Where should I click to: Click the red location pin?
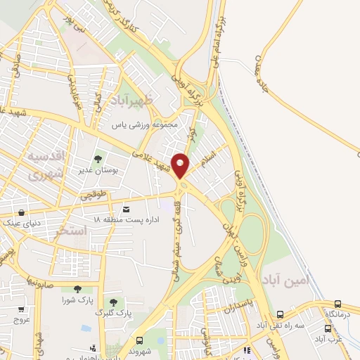(181, 166)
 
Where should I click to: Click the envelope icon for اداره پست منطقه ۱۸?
(126, 209)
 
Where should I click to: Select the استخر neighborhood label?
(71, 230)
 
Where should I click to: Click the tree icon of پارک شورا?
(76, 289)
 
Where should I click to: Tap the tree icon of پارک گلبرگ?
(112, 302)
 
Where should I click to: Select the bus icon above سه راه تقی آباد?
(280, 315)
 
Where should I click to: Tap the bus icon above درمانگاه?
(338, 304)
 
